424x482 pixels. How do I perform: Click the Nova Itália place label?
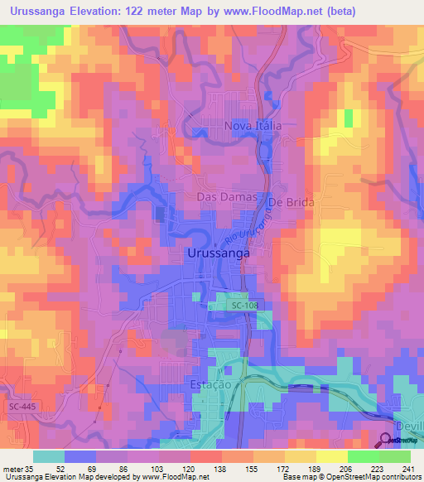(x=254, y=126)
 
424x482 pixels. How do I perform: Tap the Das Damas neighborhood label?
(x=222, y=197)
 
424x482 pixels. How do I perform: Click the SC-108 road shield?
(x=246, y=306)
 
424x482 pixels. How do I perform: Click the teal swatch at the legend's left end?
(x=49, y=457)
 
